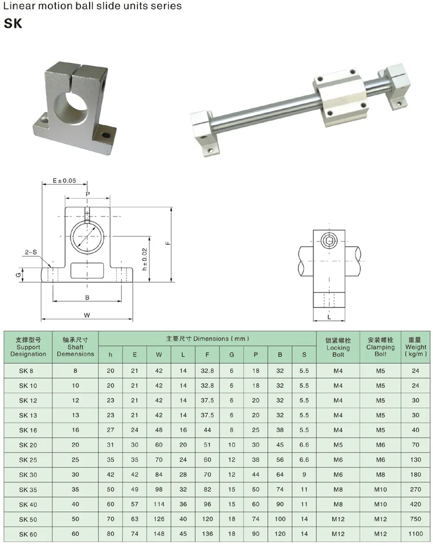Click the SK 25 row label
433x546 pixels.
pyautogui.click(x=27, y=460)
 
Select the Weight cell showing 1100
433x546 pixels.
pyautogui.click(x=416, y=534)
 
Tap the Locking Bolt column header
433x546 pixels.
pyautogui.click(x=338, y=347)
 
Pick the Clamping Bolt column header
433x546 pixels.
pyautogui.click(x=380, y=347)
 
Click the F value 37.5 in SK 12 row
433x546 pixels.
pyautogui.click(x=207, y=401)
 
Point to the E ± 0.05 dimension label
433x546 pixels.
pyautogui.click(x=64, y=181)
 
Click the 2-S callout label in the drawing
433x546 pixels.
pyautogui.click(x=31, y=252)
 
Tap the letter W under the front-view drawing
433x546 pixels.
pyautogui.click(x=87, y=315)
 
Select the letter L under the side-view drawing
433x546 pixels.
pyautogui.click(x=329, y=317)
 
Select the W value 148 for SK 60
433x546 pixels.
pyautogui.click(x=158, y=534)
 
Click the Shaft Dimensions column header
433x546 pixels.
pyautogui.click(x=75, y=347)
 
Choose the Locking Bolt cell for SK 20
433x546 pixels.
pyautogui.click(x=338, y=445)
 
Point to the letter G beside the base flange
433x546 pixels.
pyautogui.click(x=18, y=275)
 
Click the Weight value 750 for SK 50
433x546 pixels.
pyautogui.click(x=416, y=519)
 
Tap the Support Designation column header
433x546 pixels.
pyautogui.click(x=28, y=347)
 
